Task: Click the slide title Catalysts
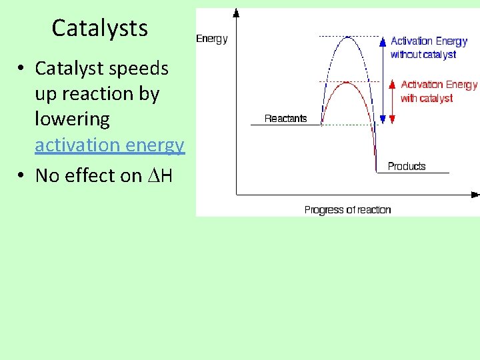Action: point(99,28)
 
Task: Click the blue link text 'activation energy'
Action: point(109,145)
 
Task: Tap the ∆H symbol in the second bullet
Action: point(160,175)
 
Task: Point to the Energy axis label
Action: point(211,39)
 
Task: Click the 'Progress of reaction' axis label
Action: point(347,209)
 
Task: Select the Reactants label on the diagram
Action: point(285,119)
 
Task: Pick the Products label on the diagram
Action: point(406,166)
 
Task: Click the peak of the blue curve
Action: point(348,37)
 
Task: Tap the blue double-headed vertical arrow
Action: point(382,80)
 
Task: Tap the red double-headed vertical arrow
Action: point(392,103)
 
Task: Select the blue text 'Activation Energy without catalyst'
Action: point(428,47)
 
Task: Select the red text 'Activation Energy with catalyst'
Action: point(438,91)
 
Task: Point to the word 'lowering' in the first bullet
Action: point(72,119)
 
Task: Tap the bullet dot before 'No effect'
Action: point(22,175)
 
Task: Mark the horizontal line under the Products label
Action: point(413,173)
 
